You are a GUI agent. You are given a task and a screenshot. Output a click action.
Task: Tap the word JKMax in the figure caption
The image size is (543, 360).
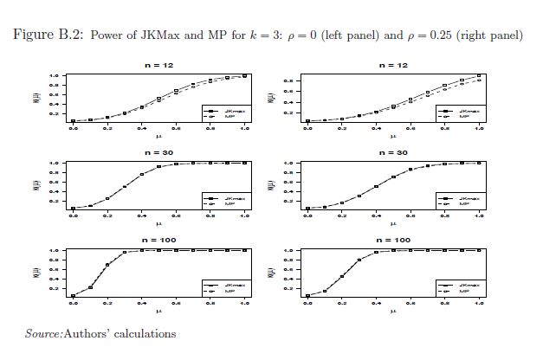click(160, 35)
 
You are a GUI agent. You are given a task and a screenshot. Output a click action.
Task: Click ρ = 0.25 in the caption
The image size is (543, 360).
click(425, 35)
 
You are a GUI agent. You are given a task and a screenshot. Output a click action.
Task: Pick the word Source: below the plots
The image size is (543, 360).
click(43, 333)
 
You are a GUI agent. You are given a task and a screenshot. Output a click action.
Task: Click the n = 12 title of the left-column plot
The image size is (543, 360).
click(158, 65)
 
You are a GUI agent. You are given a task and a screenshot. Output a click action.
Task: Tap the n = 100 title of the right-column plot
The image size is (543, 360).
click(392, 240)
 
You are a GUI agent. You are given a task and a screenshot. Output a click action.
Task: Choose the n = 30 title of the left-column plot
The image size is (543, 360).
click(158, 152)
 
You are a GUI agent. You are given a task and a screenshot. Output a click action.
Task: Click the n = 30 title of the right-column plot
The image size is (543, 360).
click(392, 152)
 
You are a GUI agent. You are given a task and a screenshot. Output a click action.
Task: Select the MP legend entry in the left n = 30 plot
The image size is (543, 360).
click(229, 204)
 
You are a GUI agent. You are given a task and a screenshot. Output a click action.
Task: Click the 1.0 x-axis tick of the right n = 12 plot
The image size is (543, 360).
click(479, 128)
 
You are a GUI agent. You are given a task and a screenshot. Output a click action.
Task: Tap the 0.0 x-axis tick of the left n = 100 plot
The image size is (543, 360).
click(73, 303)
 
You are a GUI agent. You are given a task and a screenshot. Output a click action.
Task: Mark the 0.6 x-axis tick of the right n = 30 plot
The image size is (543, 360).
click(410, 215)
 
